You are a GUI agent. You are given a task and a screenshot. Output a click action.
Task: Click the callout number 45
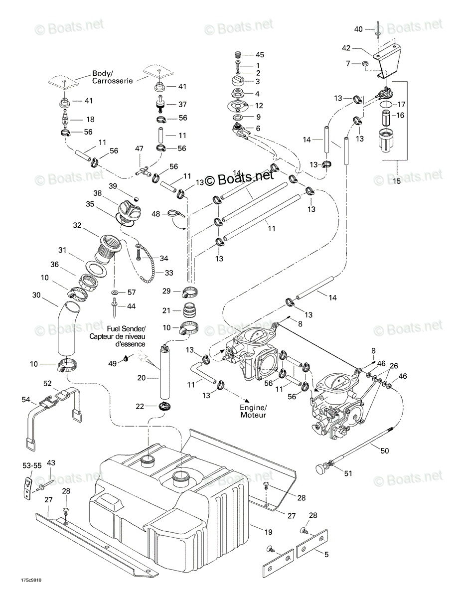[x=260, y=55]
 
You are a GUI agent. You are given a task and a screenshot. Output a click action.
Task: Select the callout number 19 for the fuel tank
[x=268, y=532]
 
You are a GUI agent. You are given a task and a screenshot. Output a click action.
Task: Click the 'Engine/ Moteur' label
[x=253, y=411]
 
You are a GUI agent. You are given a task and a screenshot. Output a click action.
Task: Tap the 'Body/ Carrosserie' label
[x=112, y=77]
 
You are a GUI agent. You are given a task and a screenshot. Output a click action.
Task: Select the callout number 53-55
[x=32, y=465]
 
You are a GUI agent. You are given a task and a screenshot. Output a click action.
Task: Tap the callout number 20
[x=142, y=378]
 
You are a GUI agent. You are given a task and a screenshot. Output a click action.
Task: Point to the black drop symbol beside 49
[x=126, y=358]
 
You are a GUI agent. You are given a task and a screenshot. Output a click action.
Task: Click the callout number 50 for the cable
[x=385, y=450]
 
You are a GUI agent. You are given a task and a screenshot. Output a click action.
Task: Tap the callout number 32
[x=77, y=225]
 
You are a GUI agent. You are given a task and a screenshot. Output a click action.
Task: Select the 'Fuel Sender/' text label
[x=126, y=328]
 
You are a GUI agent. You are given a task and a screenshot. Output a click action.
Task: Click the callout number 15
[x=397, y=181]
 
